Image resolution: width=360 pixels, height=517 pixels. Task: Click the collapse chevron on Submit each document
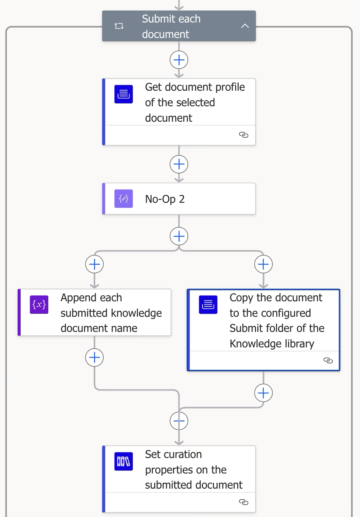[245, 26]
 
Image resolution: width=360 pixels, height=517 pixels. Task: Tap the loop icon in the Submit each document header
[119, 26]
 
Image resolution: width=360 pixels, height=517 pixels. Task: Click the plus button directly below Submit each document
[179, 60]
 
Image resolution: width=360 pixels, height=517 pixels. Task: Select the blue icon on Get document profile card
[124, 94]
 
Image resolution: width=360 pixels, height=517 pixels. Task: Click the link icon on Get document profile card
[243, 135]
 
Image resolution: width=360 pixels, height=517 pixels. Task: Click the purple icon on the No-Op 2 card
[124, 199]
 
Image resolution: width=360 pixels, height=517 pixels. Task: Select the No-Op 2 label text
[165, 199]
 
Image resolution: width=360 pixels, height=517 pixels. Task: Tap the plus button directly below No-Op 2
[179, 236]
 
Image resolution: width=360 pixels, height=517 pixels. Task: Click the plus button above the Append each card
[94, 264]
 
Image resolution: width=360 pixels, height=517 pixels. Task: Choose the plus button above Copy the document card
[263, 264]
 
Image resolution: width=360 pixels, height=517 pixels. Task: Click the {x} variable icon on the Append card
[39, 305]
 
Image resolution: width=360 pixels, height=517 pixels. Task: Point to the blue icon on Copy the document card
[208, 305]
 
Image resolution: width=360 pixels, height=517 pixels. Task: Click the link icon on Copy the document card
[328, 360]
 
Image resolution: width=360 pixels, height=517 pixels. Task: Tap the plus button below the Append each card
[94, 358]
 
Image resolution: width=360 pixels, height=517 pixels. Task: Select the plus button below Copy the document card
[263, 393]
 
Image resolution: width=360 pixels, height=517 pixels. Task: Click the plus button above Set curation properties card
[179, 421]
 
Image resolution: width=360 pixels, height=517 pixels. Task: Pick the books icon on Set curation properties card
[124, 461]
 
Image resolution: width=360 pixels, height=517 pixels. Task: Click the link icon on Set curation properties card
[243, 502]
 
